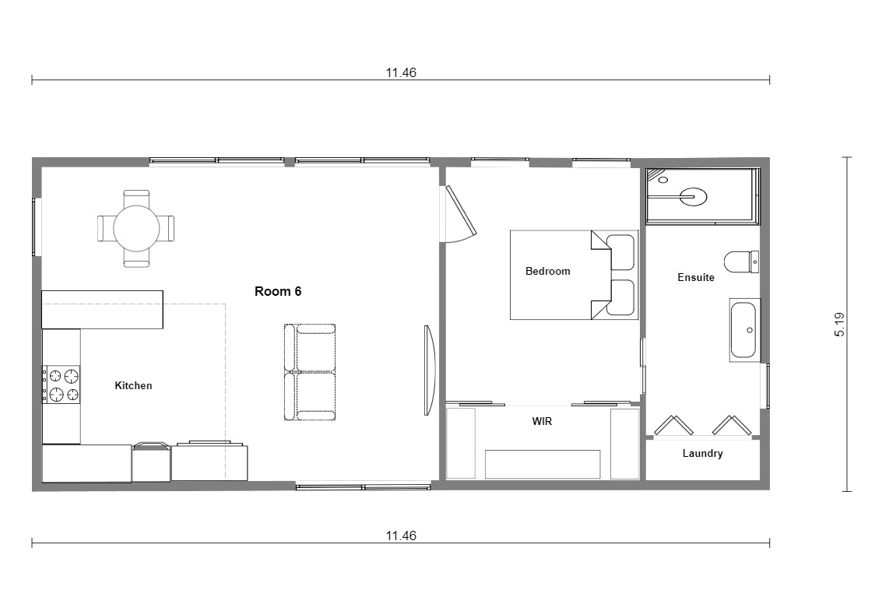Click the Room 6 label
(278, 291)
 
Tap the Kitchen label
(133, 385)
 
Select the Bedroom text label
(547, 271)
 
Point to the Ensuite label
(696, 277)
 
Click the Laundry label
(702, 454)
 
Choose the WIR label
(542, 421)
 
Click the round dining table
(136, 229)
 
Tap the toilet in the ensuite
(741, 262)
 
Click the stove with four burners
(61, 385)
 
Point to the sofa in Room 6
(310, 372)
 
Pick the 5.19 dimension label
(840, 325)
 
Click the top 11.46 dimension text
(401, 72)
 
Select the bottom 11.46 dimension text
(401, 536)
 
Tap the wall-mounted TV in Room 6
(429, 370)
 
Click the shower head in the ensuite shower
(693, 197)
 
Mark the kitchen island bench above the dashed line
(103, 310)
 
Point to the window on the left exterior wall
(36, 226)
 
